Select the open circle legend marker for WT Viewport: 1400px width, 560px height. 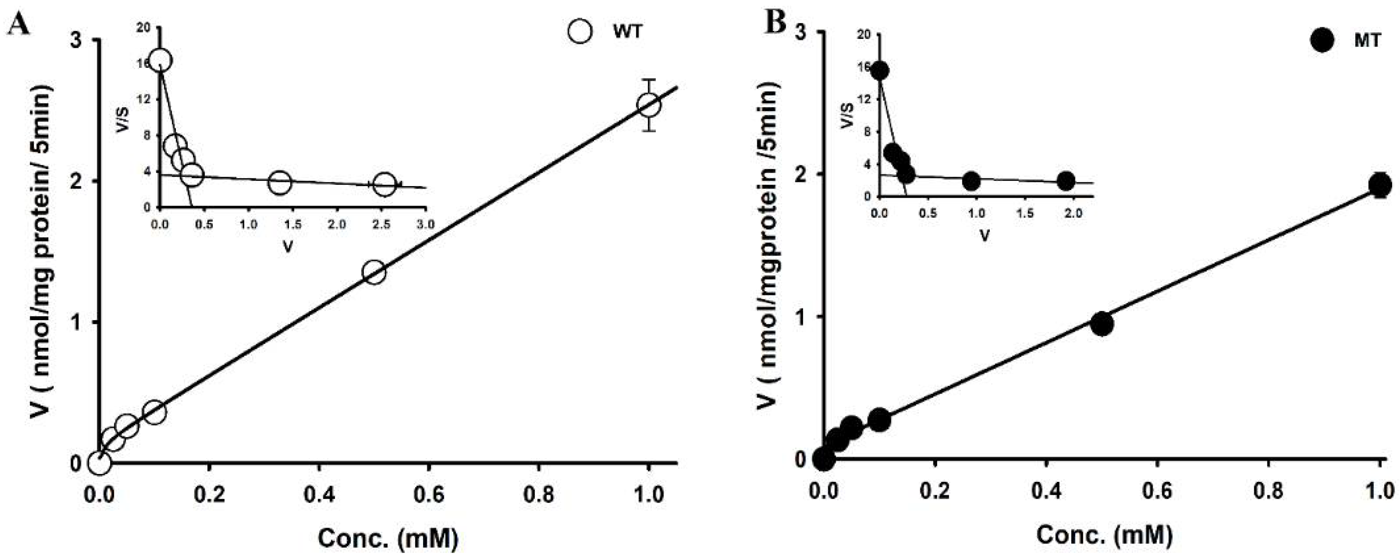click(x=580, y=31)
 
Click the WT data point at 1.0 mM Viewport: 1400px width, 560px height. click(x=649, y=105)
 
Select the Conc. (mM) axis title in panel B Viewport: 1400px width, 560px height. click(x=1103, y=534)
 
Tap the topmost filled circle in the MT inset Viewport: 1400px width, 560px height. click(x=879, y=71)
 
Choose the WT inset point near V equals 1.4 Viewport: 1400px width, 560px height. click(x=280, y=183)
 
